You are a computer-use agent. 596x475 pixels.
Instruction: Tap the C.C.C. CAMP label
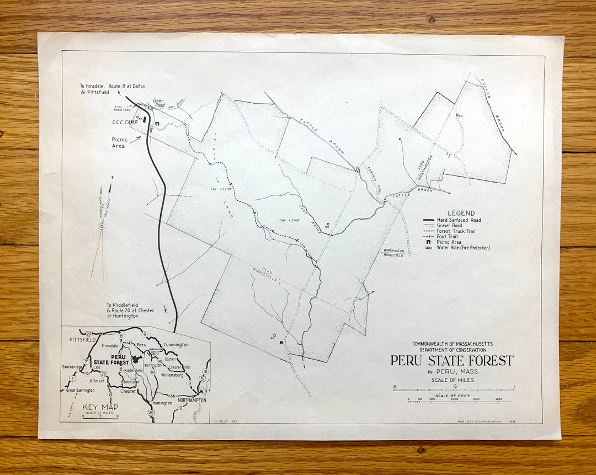coord(125,122)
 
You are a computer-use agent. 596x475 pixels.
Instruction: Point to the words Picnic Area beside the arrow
coord(119,143)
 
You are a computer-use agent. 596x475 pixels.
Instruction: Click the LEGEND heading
coord(461,213)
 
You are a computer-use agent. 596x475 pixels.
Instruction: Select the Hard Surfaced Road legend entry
coord(457,220)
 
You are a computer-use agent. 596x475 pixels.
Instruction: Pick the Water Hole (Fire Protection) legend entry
coord(463,248)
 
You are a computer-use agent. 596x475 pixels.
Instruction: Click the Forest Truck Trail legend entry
coord(456,231)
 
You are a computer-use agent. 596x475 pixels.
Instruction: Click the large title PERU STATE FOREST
coord(452,361)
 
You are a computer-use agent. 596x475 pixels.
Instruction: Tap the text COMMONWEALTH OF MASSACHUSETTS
coord(452,344)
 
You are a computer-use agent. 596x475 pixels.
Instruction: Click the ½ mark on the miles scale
coord(454,386)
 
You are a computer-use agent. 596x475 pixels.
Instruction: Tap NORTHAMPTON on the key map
coord(192,400)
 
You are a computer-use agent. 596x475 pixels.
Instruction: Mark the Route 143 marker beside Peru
coord(129,343)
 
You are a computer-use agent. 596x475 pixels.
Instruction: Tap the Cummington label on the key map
coord(176,345)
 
